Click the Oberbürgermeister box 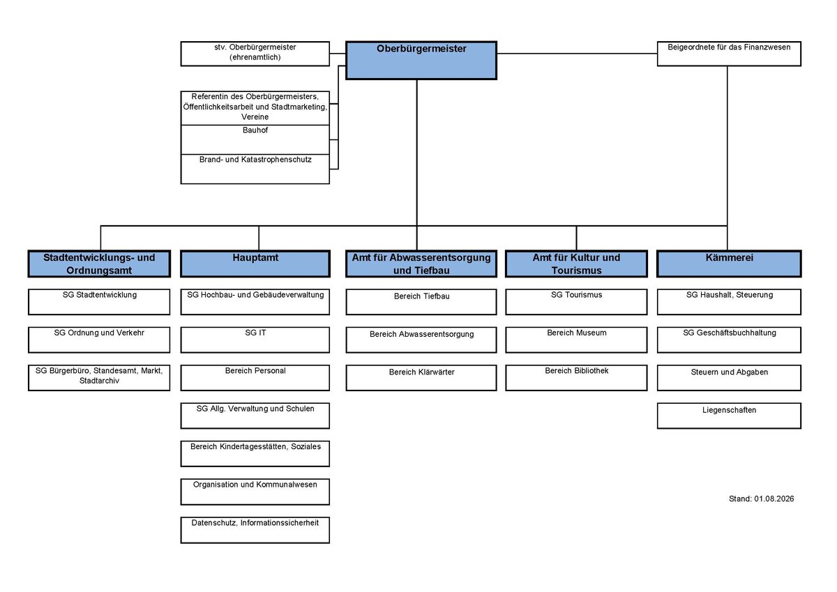[421, 60]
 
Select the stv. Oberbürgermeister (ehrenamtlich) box [255, 54]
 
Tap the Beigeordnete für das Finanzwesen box [729, 54]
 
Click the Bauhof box [255, 139]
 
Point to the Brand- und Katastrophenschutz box [255, 169]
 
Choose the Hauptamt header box [255, 264]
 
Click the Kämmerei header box [729, 264]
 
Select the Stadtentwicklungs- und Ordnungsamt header [99, 264]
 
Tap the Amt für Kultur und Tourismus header [576, 264]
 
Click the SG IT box [255, 340]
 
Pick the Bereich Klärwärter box [421, 378]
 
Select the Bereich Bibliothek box [576, 378]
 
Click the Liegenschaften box [729, 416]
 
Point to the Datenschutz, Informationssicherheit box [255, 530]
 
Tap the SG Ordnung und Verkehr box [99, 340]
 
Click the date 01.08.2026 [774, 499]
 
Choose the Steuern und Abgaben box [729, 378]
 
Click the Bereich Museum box [576, 340]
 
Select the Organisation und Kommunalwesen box [255, 492]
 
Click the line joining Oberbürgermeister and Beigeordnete [577, 54]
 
